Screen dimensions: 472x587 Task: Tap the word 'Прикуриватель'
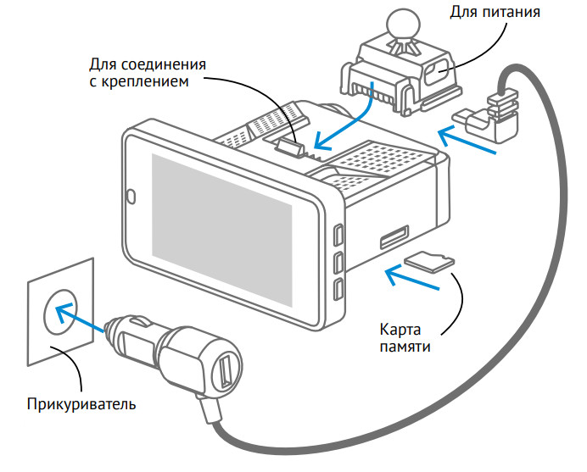(x=81, y=403)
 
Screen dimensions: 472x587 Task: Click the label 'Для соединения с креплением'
(x=149, y=73)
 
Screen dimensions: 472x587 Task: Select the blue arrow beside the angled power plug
(x=467, y=139)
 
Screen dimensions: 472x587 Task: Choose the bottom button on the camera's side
(x=338, y=289)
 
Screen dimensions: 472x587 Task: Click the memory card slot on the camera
(x=393, y=238)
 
